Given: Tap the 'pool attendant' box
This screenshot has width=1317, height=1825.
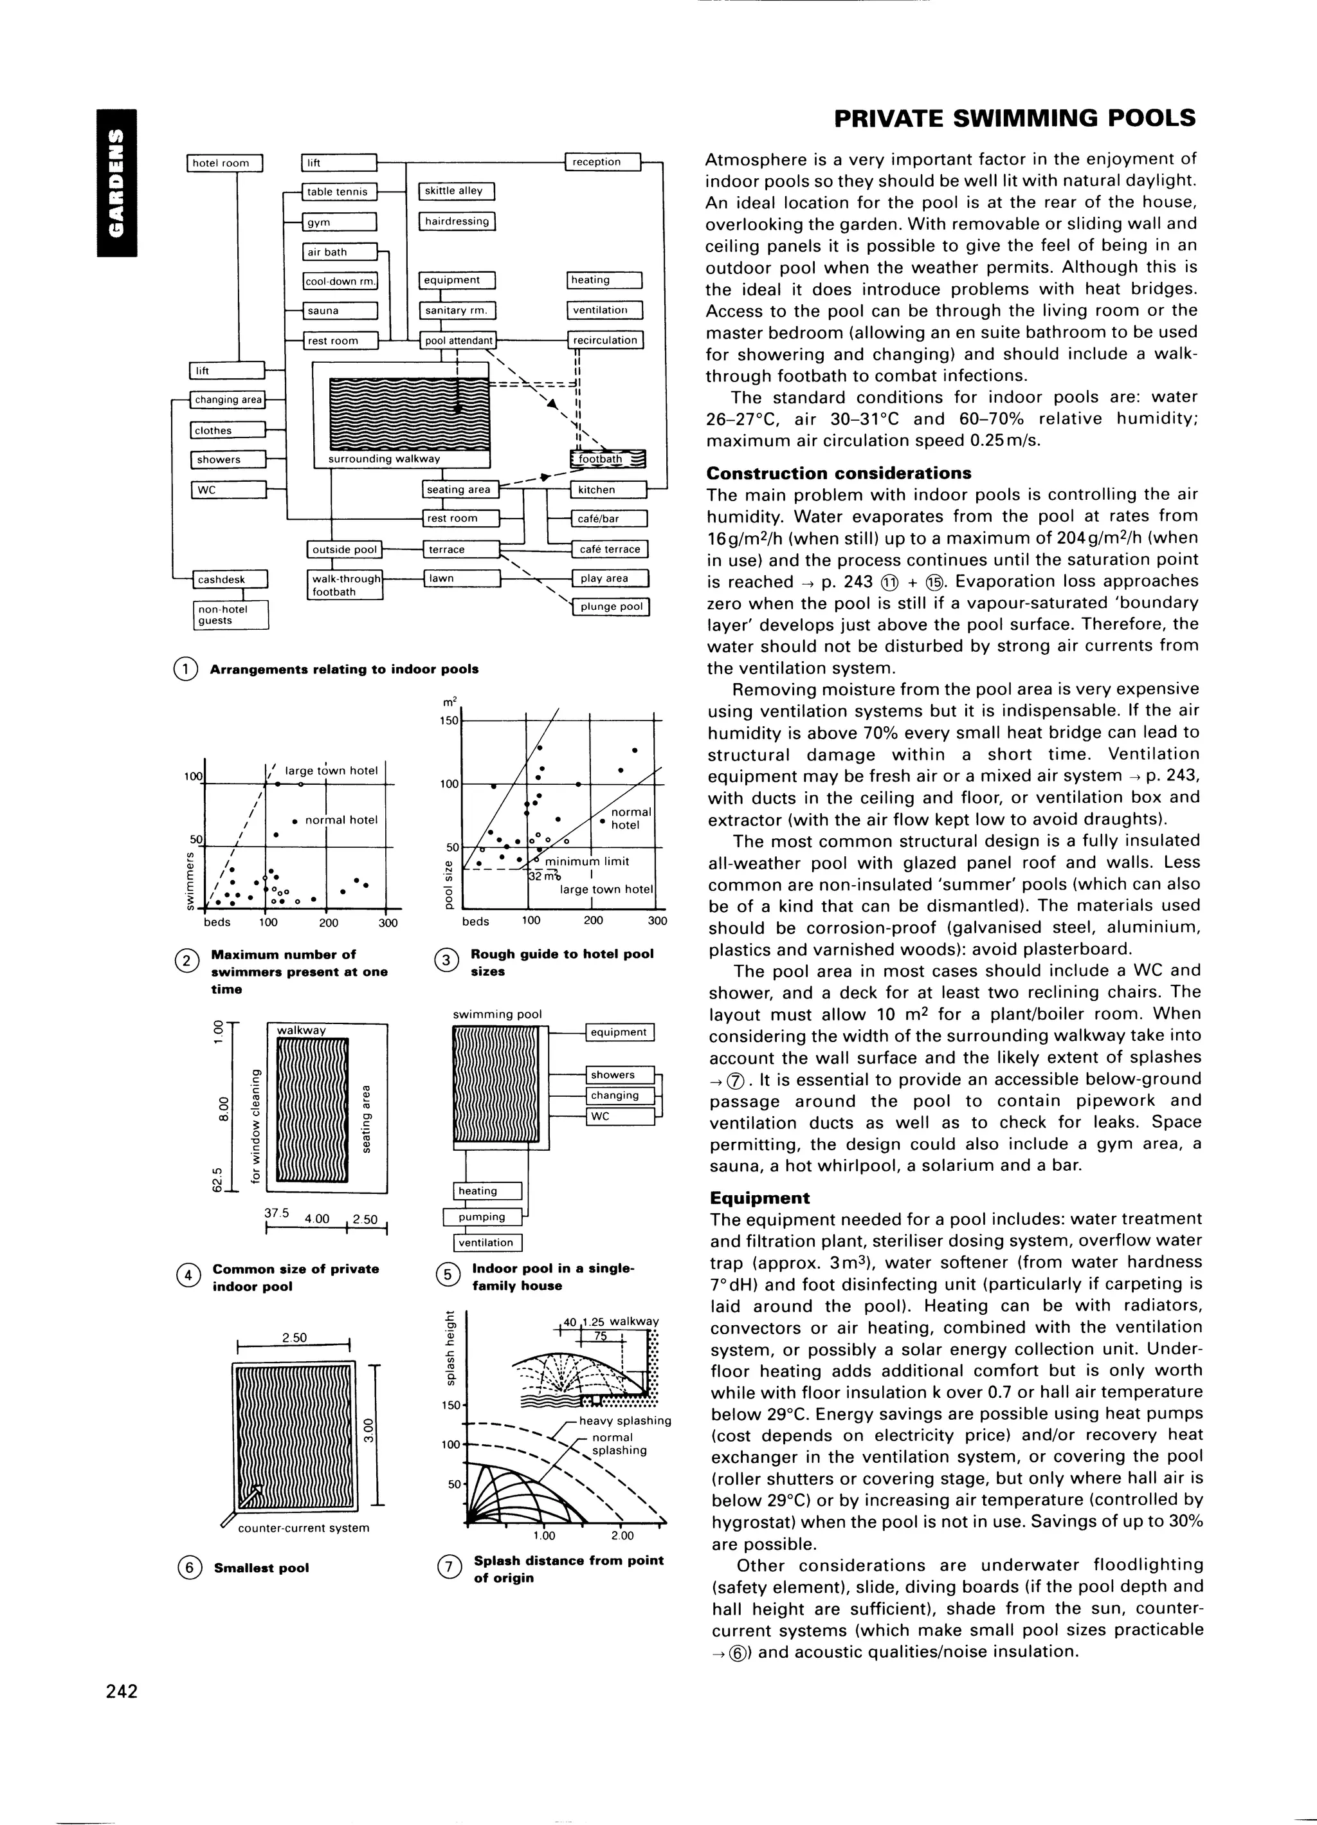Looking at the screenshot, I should [459, 340].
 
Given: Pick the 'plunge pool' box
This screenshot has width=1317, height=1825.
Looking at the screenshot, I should [609, 607].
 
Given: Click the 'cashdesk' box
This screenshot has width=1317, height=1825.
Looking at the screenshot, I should [231, 580].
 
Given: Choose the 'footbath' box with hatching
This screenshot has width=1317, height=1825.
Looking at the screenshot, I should [608, 459].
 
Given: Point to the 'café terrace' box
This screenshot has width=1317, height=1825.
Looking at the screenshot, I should [609, 549].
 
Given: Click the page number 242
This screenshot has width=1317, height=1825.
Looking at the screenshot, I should [122, 1691].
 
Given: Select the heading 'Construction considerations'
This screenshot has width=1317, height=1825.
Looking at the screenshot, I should [839, 473].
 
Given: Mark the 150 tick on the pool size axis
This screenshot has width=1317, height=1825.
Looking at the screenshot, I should [449, 721].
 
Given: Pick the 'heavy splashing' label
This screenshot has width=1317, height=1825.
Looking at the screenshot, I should [624, 1420].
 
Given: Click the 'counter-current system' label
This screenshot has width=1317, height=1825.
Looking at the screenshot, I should [304, 1527].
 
